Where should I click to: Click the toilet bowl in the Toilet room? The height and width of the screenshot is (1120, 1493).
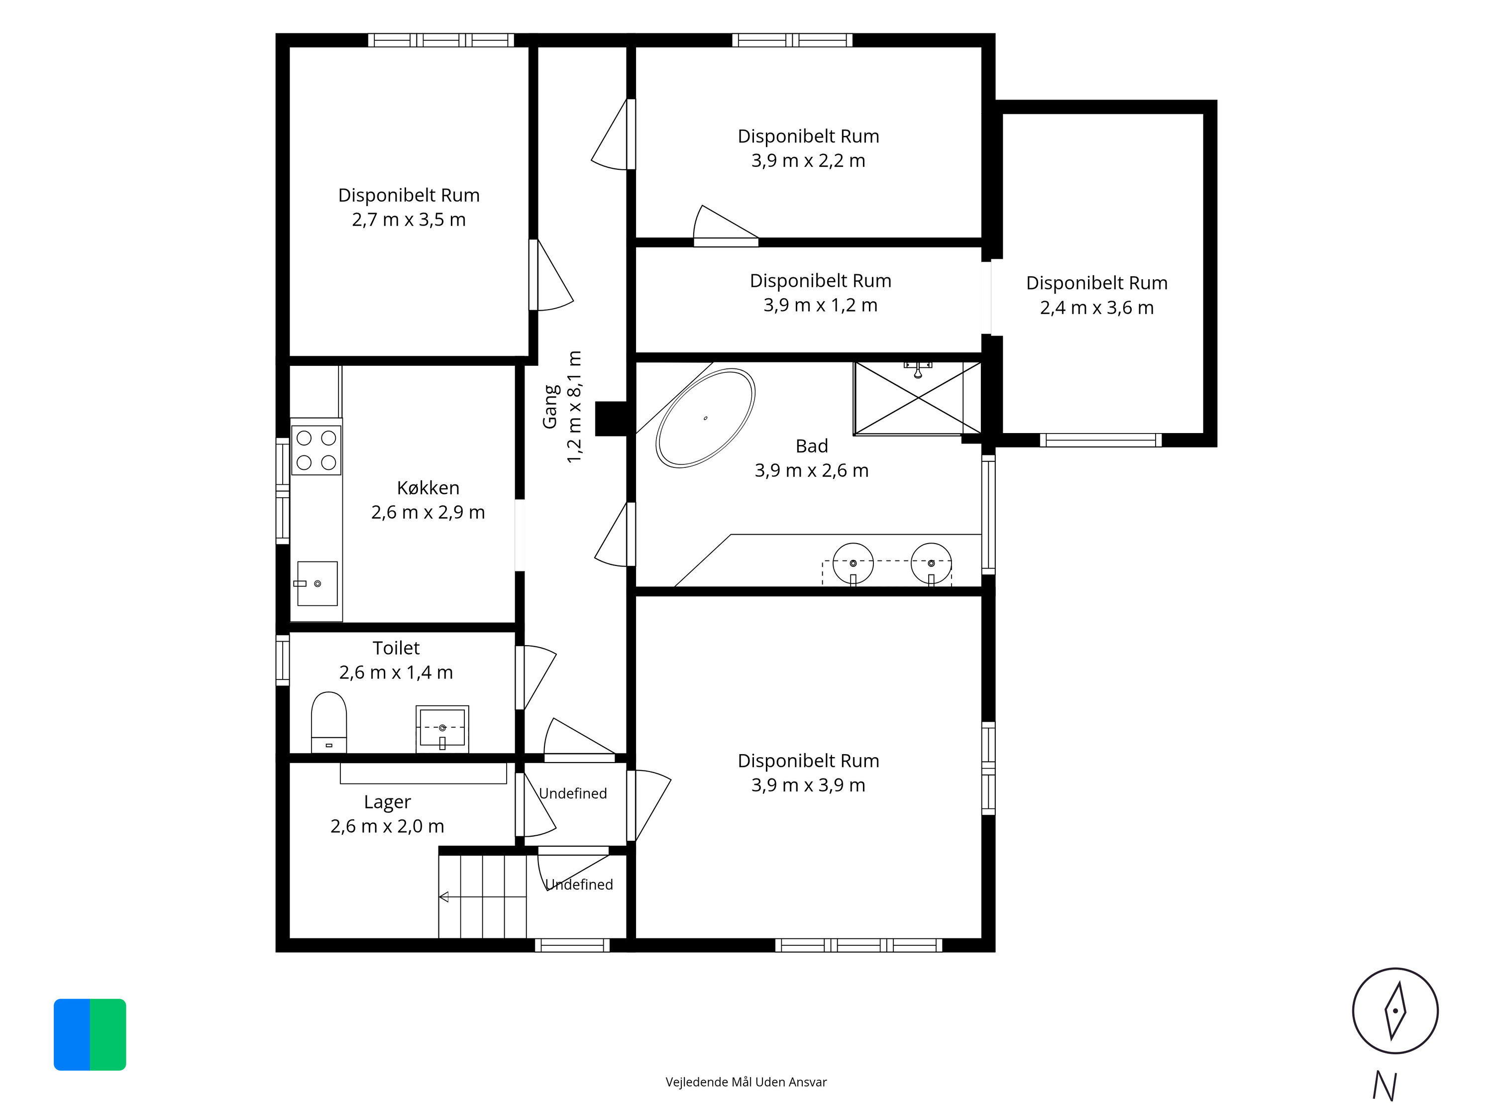point(328,722)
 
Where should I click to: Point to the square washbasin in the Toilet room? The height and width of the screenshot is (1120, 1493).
point(442,728)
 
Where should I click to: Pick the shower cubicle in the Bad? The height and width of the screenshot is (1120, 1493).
point(917,398)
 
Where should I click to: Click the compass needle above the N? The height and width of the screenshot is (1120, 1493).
point(1395,1010)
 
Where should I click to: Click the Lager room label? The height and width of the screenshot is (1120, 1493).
point(387,802)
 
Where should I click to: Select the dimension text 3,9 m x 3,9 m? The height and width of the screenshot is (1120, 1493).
point(809,785)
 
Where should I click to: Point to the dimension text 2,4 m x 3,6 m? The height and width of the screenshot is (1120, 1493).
point(1097,308)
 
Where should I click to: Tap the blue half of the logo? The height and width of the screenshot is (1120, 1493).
point(72,1035)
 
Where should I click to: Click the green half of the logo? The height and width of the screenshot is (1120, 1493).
point(108,1035)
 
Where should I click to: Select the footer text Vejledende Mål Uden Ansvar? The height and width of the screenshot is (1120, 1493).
point(746,1082)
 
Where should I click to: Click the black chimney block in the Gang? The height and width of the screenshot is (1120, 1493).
point(612,419)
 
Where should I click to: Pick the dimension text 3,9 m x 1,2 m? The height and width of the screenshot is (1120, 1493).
point(821,305)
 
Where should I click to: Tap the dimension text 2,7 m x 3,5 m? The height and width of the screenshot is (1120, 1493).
point(409,220)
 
